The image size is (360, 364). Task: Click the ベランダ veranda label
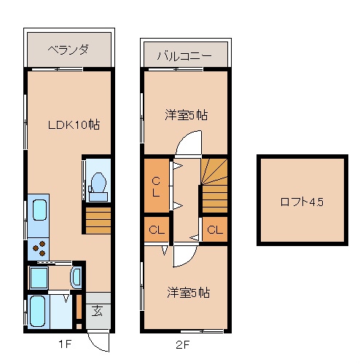tap(68, 50)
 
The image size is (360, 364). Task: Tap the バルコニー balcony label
tap(184, 56)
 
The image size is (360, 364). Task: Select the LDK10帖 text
tap(74, 124)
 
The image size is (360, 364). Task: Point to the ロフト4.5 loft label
tap(302, 202)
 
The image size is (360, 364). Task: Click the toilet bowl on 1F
tap(98, 186)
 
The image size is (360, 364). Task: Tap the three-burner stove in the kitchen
tap(39, 248)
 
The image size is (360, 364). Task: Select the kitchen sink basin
tap(39, 210)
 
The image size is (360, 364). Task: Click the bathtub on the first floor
tap(37, 312)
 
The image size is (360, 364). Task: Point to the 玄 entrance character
tap(97, 311)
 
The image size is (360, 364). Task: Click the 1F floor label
tap(65, 344)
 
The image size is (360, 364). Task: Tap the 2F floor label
tap(182, 344)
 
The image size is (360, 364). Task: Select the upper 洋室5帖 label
tap(187, 115)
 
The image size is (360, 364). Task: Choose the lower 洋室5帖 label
tap(189, 293)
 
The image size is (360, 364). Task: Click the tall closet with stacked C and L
tap(157, 186)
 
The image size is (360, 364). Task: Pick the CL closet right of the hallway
tap(215, 229)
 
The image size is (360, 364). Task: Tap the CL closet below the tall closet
tap(157, 229)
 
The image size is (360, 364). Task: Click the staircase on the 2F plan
tap(214, 186)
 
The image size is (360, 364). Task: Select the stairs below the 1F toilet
tap(98, 221)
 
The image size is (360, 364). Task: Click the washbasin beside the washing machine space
tap(77, 277)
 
